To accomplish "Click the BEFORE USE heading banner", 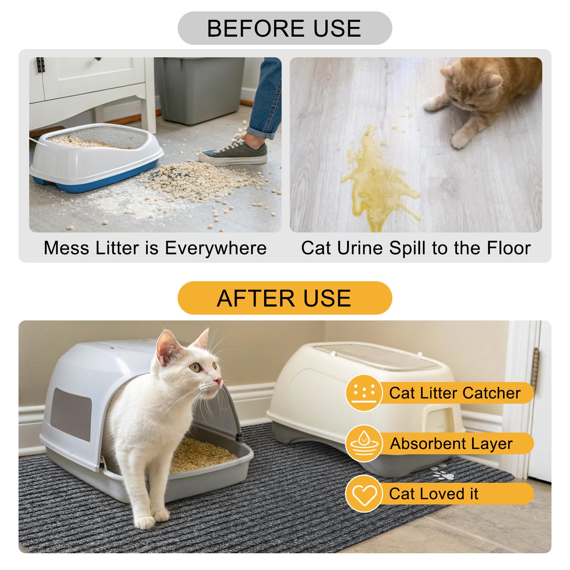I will click(284, 28).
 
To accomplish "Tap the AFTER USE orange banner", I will click(284, 298).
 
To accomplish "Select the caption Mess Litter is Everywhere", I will click(155, 248).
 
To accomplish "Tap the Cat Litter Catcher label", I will click(455, 393).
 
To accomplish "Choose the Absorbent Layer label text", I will click(451, 444).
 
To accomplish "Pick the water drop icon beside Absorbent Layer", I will click(364, 443).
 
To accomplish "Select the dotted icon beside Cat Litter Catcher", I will click(364, 393).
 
